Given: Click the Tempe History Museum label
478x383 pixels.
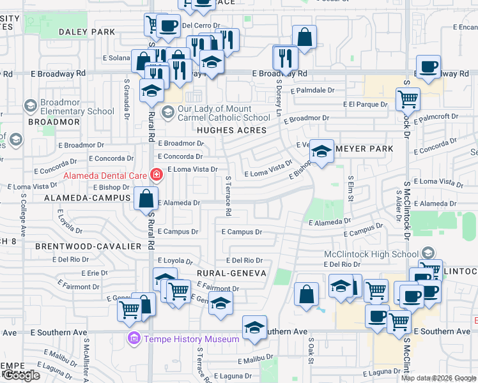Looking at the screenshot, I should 191,339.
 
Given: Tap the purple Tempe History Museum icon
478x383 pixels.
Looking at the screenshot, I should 134,338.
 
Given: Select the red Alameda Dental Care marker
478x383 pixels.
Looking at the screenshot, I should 155,174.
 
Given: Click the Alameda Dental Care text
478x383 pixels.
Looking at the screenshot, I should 105,176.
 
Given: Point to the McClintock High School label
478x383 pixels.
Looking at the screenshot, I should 371,254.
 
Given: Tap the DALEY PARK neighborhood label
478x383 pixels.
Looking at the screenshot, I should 87,32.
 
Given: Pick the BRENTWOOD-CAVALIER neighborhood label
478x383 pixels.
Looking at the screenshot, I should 88,246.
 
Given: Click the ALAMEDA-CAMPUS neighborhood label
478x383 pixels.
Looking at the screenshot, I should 86,199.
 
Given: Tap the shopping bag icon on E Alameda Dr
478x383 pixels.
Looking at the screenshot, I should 146,198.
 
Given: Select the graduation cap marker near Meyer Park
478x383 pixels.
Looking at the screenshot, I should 321,152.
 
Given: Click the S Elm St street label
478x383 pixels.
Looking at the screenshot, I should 350,189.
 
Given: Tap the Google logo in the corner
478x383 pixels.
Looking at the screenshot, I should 22,375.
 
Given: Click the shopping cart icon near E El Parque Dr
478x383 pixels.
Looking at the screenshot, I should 407,100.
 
